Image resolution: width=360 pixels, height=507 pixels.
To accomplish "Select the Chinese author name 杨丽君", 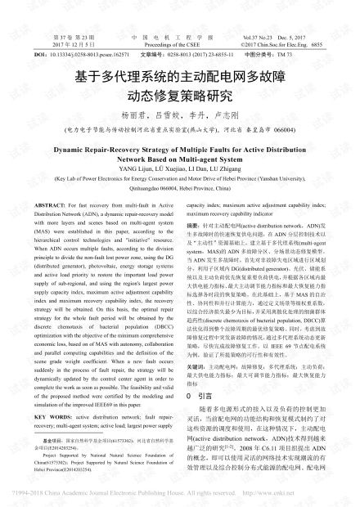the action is point(132,117).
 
